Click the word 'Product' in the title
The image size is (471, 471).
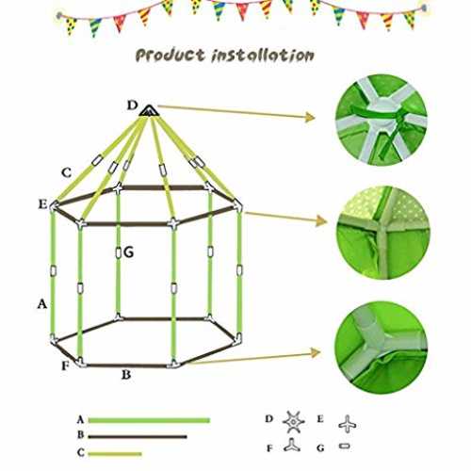pos(171,56)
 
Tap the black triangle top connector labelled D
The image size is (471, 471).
pos(149,110)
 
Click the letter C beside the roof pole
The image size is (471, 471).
pos(66,172)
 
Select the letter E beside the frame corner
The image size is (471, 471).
pos(42,204)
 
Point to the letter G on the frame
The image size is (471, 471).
pos(128,252)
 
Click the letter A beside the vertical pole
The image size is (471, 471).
pos(42,304)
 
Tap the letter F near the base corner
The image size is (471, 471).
pos(65,365)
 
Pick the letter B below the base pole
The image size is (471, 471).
pos(126,375)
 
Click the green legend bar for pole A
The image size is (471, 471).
pos(149,420)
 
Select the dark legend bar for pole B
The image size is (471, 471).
pos(138,436)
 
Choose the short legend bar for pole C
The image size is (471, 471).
pos(115,454)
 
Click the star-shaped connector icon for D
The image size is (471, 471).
pos(293,422)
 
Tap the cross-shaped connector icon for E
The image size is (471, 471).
pos(348,425)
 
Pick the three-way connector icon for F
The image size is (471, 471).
pos(292,446)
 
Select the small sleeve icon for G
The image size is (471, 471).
pos(345,447)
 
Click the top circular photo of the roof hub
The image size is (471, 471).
pos(382,120)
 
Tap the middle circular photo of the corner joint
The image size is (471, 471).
pos(383,233)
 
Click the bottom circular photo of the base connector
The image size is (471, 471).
pos(381,348)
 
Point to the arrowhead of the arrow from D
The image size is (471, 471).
pos(311,117)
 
